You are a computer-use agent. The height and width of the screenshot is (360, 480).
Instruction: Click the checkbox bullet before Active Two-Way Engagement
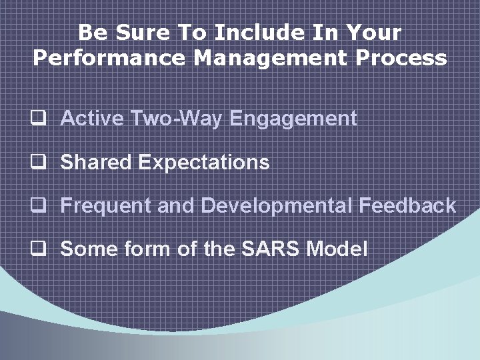click(x=39, y=120)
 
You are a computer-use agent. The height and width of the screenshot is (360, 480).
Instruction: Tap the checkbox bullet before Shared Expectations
click(x=39, y=163)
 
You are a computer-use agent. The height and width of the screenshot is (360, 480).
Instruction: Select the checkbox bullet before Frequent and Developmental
click(x=39, y=206)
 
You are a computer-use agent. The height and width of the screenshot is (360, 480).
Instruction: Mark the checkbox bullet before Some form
click(x=39, y=249)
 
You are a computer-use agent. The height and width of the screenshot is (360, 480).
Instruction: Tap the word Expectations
click(x=203, y=163)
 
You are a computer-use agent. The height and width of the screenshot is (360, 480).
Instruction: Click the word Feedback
click(x=407, y=205)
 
